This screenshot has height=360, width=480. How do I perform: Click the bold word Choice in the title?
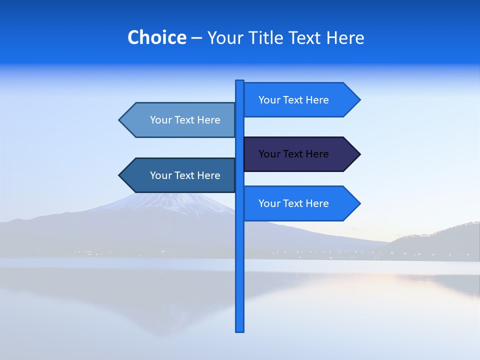click(x=156, y=37)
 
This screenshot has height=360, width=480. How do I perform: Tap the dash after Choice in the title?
click(x=196, y=38)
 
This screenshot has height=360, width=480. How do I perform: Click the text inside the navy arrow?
click(x=293, y=154)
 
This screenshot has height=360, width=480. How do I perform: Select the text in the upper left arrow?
click(x=185, y=120)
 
